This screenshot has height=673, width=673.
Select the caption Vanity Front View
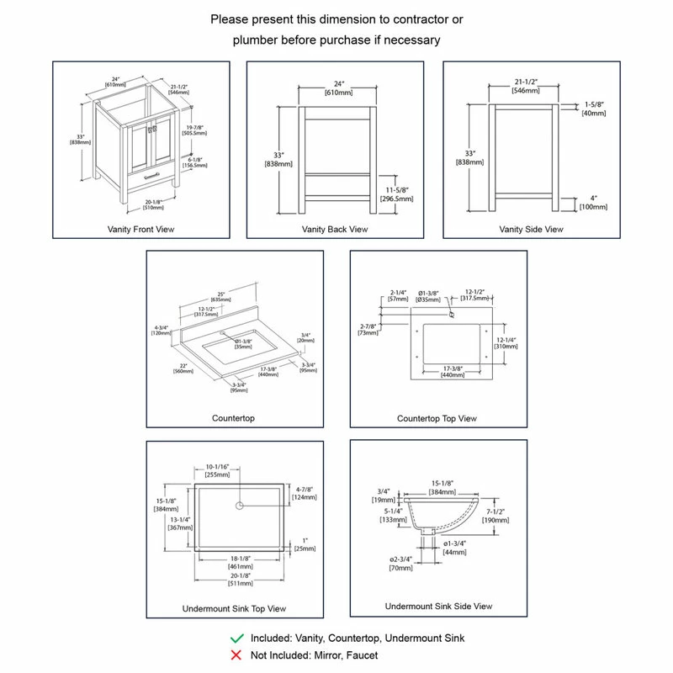click(x=141, y=229)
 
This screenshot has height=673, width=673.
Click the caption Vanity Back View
click(x=334, y=229)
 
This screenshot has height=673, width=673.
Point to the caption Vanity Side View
click(x=531, y=229)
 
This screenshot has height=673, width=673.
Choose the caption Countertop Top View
click(x=437, y=418)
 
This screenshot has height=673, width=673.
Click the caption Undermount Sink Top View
click(x=234, y=608)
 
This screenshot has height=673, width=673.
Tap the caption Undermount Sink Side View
click(x=438, y=606)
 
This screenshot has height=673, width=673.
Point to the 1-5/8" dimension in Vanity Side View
click(x=592, y=105)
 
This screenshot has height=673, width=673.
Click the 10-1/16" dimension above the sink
click(x=217, y=468)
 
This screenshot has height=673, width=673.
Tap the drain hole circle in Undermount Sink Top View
click(x=240, y=506)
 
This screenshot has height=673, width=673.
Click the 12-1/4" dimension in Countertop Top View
click(x=506, y=339)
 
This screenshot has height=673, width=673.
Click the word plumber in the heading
click(x=257, y=40)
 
